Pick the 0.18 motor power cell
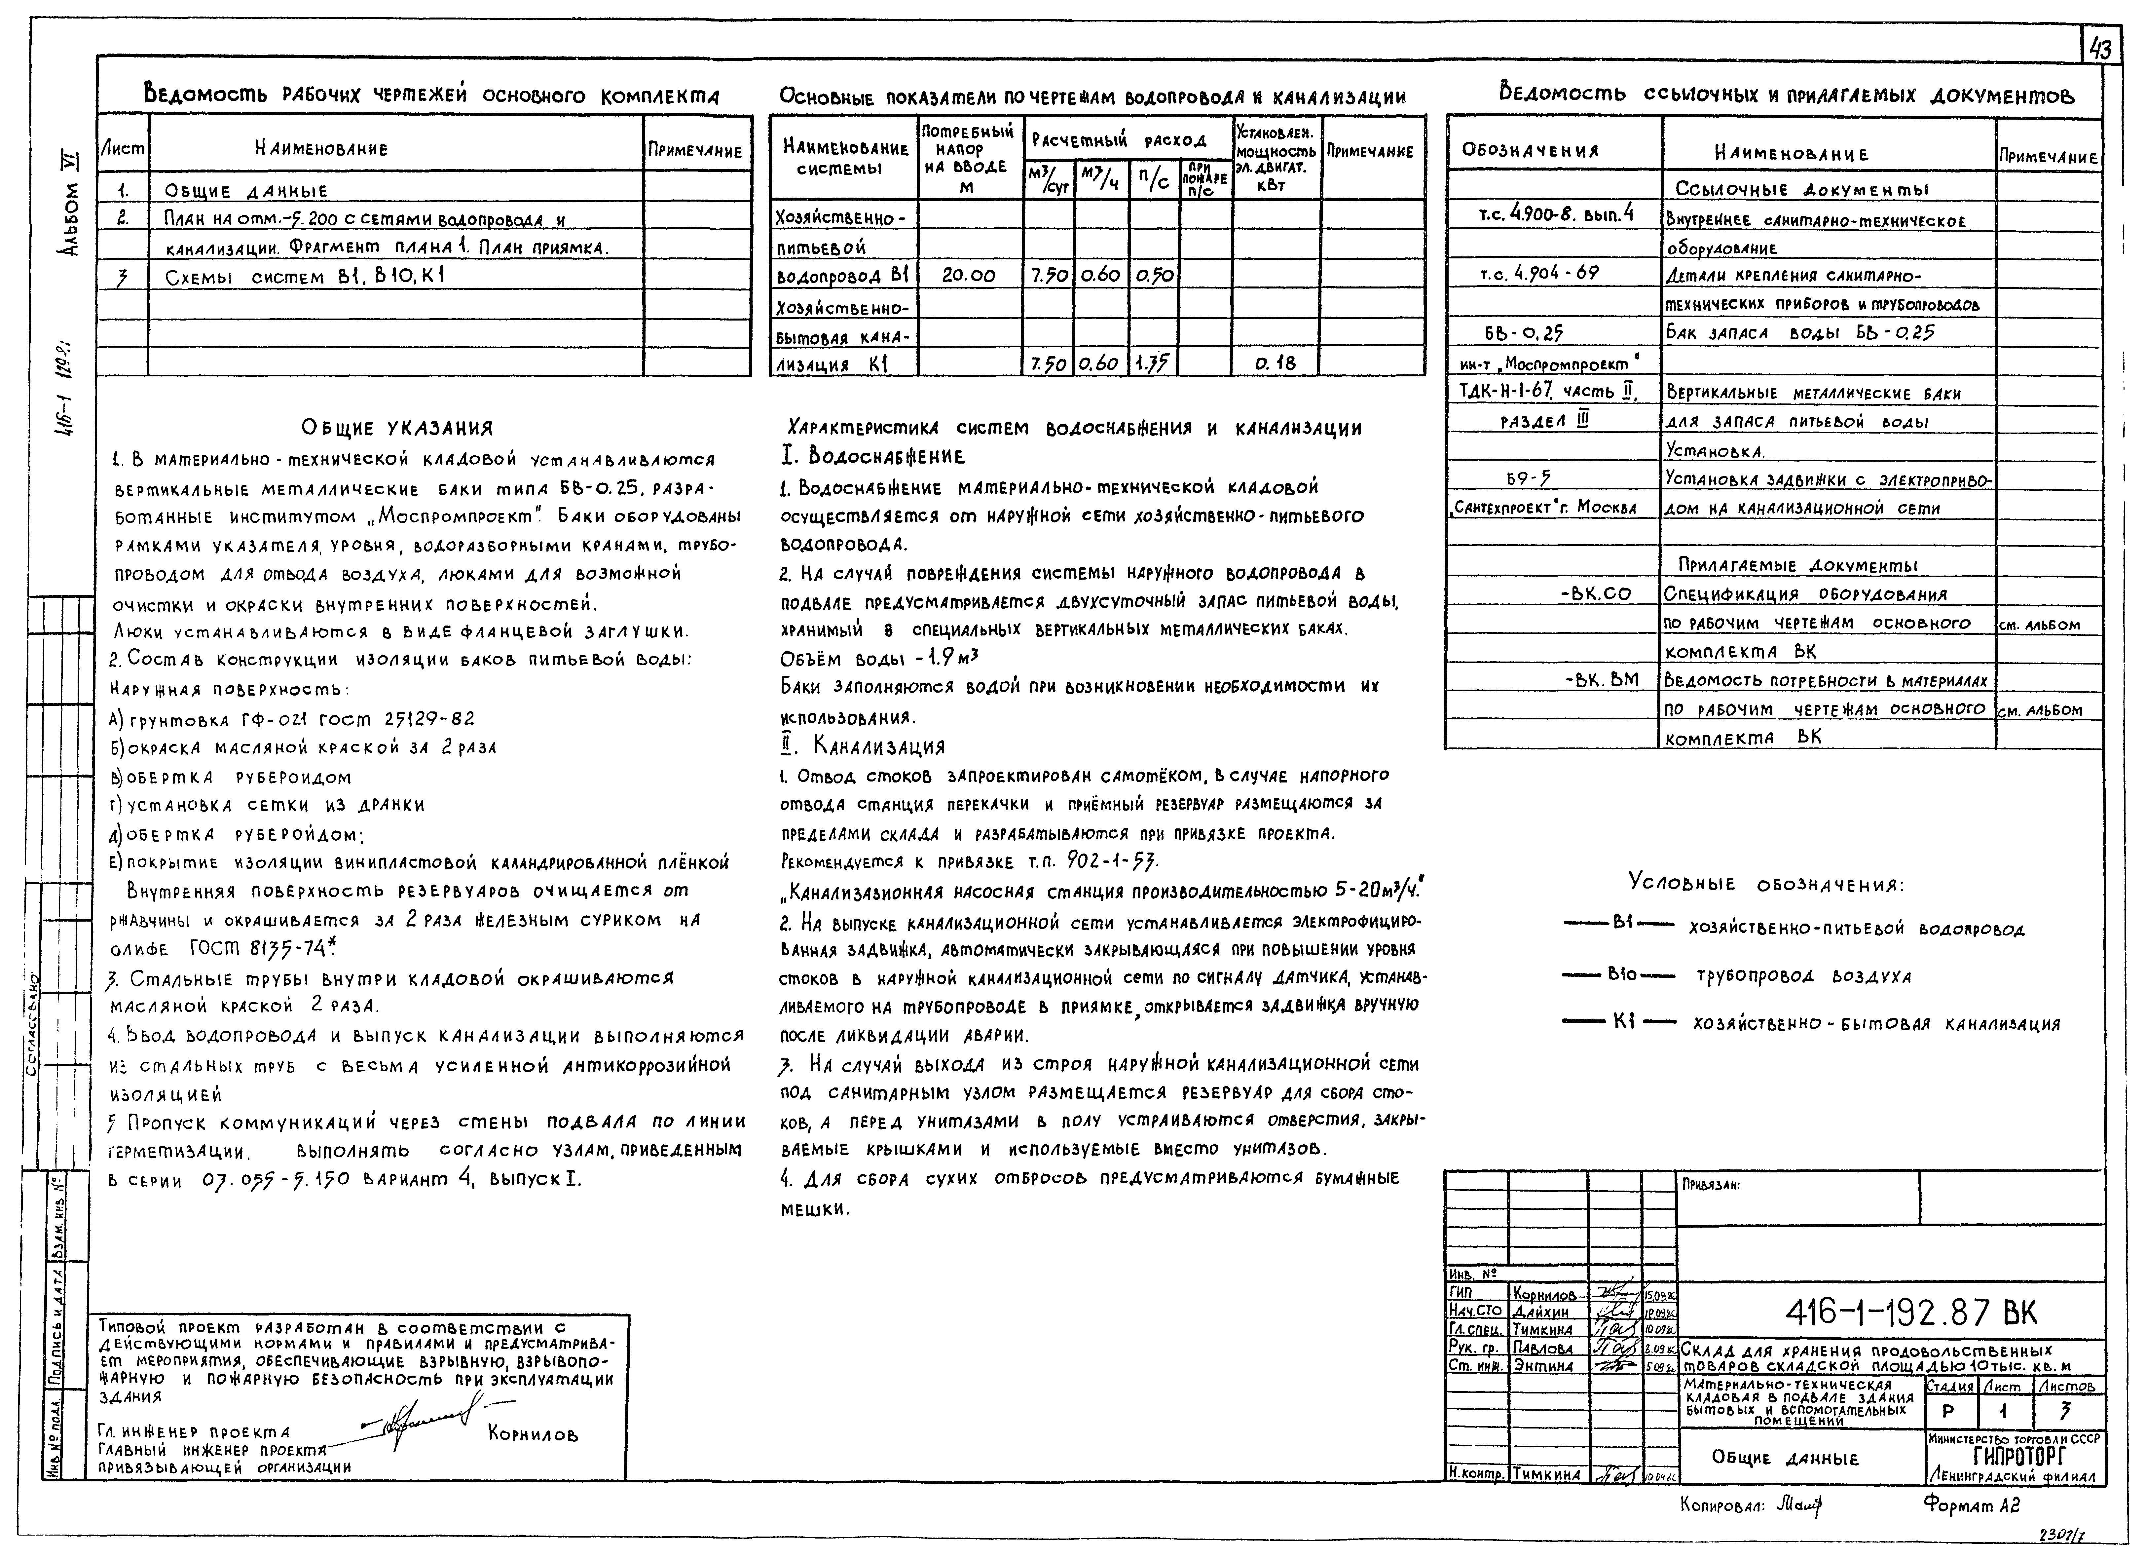[1276, 362]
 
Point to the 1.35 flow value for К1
[1153, 362]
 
